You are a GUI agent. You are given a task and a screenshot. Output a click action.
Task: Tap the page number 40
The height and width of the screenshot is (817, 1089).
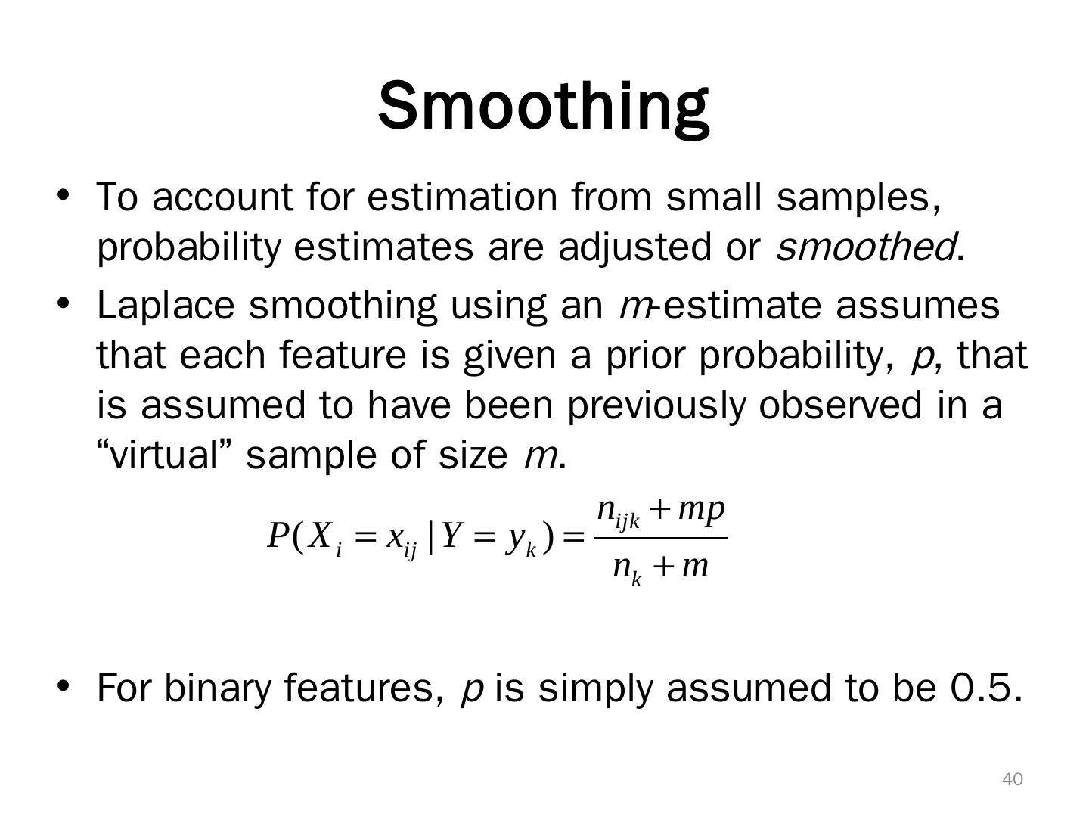(1013, 779)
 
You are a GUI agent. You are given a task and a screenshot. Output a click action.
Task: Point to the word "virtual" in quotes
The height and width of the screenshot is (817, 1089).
(165, 455)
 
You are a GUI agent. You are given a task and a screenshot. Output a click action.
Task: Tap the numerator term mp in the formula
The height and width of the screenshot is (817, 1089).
(701, 509)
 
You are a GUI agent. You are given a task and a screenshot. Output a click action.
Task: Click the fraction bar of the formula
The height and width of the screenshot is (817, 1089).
(661, 538)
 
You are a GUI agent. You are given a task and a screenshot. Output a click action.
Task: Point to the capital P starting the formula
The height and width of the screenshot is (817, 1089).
(277, 537)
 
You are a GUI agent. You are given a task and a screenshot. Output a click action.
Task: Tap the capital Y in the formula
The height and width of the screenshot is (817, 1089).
(451, 537)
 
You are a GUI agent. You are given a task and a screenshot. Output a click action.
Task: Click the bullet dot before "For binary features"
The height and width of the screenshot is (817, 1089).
(64, 685)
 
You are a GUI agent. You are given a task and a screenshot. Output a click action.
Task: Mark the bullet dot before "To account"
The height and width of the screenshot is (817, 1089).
(64, 194)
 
